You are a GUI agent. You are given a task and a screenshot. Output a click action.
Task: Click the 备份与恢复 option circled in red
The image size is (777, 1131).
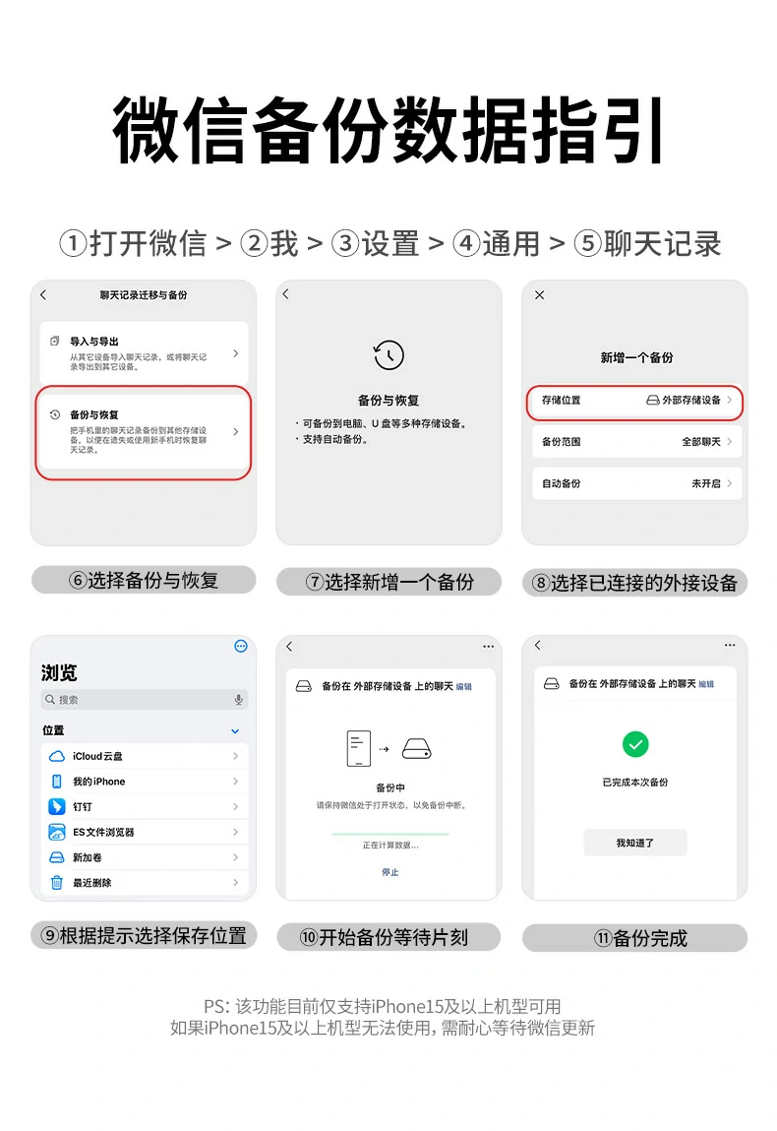click(144, 432)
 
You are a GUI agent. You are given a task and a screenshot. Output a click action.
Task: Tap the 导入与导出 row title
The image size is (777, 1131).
click(94, 342)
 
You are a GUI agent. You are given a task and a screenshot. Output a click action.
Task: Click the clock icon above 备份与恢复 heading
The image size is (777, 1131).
click(388, 355)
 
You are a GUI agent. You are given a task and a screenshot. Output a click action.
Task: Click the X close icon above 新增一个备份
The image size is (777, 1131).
click(539, 295)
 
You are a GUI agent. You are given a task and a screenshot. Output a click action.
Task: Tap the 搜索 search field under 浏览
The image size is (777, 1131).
click(144, 700)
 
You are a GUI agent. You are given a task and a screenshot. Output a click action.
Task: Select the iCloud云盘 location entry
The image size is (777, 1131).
click(144, 756)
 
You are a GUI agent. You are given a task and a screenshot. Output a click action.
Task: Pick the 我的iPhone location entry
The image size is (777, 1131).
click(144, 782)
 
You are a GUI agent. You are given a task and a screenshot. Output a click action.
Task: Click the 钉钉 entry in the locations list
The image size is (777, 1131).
click(144, 807)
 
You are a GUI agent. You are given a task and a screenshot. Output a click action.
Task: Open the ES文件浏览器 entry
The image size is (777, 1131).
click(144, 832)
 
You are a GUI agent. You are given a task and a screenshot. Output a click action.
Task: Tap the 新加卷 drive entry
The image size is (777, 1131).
click(144, 857)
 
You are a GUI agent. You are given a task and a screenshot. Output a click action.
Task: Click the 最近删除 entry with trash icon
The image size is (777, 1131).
click(144, 883)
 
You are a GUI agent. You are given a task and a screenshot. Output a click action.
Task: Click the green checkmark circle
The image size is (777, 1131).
click(635, 743)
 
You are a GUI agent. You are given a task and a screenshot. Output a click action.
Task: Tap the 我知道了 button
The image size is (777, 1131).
click(635, 843)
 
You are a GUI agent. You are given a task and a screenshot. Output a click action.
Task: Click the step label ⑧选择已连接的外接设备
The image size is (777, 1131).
click(634, 583)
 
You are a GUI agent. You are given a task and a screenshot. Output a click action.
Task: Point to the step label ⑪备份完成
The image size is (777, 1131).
click(634, 938)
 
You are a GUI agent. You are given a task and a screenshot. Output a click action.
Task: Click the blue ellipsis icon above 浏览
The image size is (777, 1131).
click(241, 647)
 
